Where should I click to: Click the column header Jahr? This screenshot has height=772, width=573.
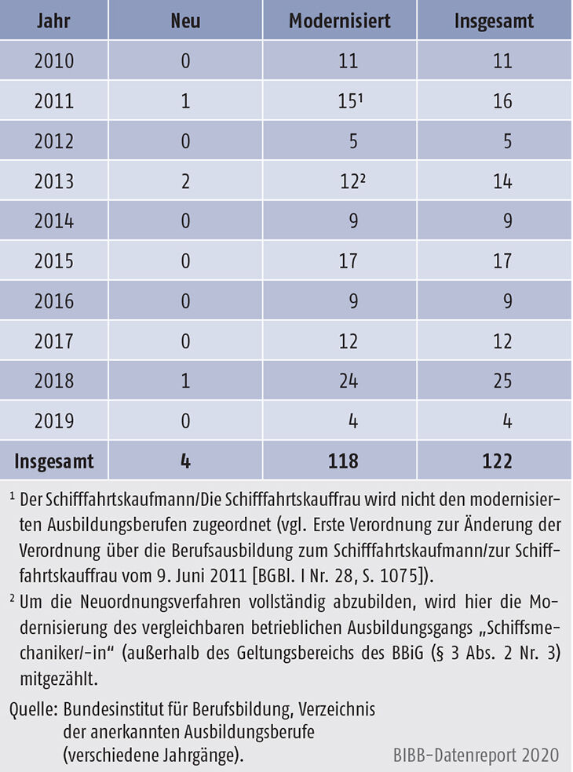tap(53, 20)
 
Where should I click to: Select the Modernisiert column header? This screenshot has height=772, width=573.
tap(339, 20)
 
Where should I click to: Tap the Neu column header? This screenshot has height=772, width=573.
tap(185, 20)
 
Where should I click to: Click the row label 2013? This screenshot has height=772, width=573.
tap(53, 181)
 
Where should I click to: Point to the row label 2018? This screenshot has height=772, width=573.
tap(53, 381)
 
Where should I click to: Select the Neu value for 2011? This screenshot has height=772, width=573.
tap(185, 101)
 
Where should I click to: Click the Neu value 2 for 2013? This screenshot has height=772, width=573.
tap(185, 181)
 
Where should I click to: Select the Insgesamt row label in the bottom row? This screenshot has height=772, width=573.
tap(53, 461)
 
